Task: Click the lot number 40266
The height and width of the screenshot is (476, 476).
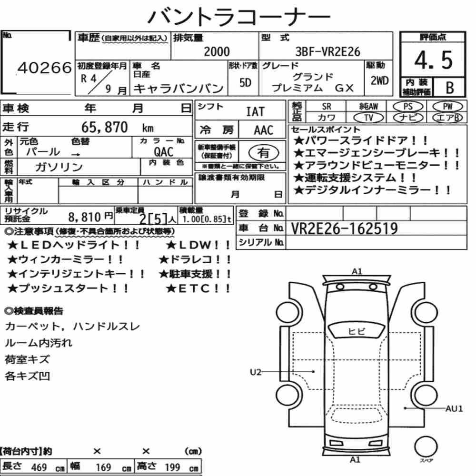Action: tap(45, 68)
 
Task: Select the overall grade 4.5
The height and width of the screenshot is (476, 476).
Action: tap(433, 60)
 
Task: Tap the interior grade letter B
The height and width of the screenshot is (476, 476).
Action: tap(450, 88)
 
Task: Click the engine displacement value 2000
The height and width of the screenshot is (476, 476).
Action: tap(217, 51)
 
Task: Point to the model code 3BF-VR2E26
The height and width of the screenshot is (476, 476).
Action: tap(328, 51)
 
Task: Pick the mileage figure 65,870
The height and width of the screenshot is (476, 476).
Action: tap(104, 127)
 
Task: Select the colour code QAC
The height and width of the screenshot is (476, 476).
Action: tap(164, 152)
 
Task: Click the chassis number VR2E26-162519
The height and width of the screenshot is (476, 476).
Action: tap(344, 228)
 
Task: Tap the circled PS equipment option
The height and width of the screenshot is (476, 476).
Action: tap(408, 107)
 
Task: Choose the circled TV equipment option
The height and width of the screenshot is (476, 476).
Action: tap(368, 118)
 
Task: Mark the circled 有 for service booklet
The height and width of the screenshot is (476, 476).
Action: tap(264, 152)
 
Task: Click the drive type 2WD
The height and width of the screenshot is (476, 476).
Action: tap(379, 81)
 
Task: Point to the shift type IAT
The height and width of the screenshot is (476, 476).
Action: tap(255, 112)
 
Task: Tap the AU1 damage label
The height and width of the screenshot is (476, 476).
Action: tap(454, 408)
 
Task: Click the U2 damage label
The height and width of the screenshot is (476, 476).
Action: tap(256, 372)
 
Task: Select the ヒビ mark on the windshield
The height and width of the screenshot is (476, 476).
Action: tap(357, 331)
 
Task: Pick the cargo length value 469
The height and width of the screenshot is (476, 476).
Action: tap(39, 467)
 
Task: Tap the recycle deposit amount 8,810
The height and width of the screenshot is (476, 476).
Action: tap(84, 217)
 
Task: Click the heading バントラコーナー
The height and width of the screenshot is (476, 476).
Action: tap(239, 16)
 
